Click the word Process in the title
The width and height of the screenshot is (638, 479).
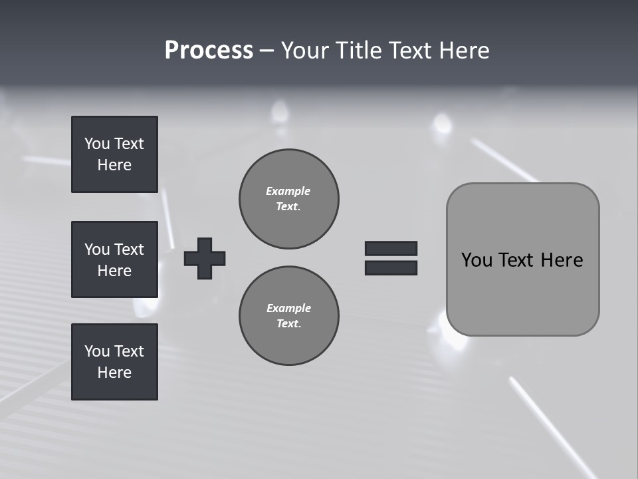click(x=209, y=51)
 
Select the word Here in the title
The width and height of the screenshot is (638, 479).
click(x=465, y=51)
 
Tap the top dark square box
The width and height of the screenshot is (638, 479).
click(x=114, y=154)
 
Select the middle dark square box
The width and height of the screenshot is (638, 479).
click(x=114, y=259)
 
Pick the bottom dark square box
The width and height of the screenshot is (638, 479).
click(x=114, y=362)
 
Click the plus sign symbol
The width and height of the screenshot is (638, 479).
click(x=205, y=258)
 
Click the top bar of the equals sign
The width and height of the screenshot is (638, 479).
click(x=391, y=248)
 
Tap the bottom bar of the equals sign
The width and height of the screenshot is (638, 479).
click(x=391, y=267)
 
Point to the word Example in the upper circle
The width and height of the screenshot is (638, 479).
click(x=288, y=191)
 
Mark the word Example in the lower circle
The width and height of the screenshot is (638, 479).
click(x=288, y=308)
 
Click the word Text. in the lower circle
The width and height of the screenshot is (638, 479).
click(x=288, y=324)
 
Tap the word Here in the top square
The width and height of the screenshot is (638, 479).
click(x=114, y=165)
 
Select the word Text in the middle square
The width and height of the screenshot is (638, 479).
click(x=129, y=249)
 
